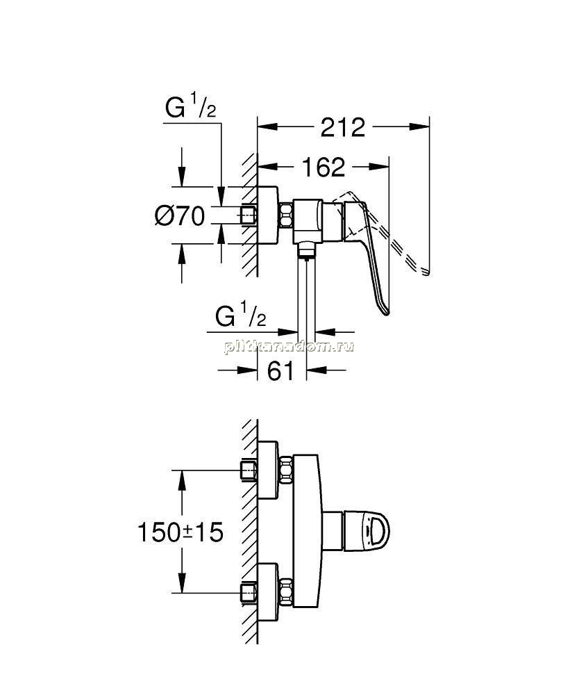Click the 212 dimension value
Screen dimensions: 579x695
(343, 128)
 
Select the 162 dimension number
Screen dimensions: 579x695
(323, 167)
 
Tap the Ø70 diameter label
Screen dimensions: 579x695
(180, 216)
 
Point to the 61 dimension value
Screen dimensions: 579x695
(280, 370)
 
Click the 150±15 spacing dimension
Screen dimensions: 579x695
(181, 532)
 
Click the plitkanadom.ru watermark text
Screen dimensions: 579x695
(289, 346)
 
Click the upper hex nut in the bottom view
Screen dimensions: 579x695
(286, 470)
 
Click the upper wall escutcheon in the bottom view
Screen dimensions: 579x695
(268, 470)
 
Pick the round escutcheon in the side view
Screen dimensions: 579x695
(268, 215)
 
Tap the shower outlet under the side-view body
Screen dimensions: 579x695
(305, 250)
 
